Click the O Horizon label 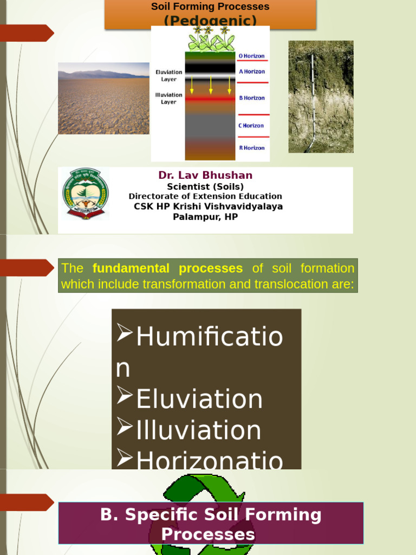pos(251,56)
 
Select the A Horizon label pos(251,72)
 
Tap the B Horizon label pos(251,98)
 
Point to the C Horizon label pos(251,126)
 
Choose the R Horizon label pos(251,148)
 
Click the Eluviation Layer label pos(168,76)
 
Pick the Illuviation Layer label pos(168,99)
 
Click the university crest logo pos(85,194)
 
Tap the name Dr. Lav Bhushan pos(205,175)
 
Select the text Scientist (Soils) pos(205,186)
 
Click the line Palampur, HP pos(205,217)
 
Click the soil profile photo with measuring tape pos(321,96)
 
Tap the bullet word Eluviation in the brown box pos(199,399)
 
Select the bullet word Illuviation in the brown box pos(198,430)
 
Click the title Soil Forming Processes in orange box pos(210,7)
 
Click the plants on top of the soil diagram pos(210,39)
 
